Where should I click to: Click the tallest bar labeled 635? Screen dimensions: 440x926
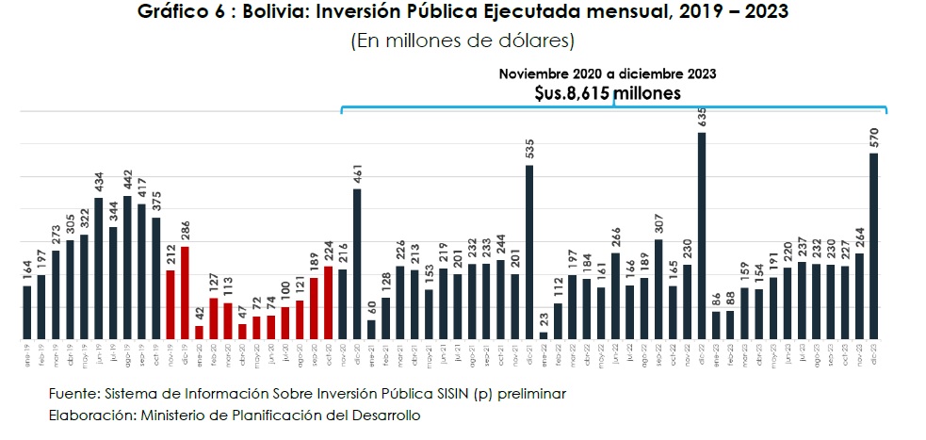700,236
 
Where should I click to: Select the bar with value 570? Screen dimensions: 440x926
874,246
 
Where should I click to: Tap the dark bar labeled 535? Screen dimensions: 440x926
528,252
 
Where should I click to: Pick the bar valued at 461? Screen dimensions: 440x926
356,264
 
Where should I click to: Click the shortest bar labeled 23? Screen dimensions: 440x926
543,334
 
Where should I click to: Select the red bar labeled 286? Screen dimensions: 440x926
185,292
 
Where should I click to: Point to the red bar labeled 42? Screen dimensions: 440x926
199,332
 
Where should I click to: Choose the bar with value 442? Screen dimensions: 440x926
127,268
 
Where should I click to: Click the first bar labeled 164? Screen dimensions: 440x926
26,312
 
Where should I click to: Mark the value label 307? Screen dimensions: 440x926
658,224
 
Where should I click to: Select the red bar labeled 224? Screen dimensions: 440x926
328,302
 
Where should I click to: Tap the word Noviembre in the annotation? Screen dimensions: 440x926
534,73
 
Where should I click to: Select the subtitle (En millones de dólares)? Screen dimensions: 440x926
463,41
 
